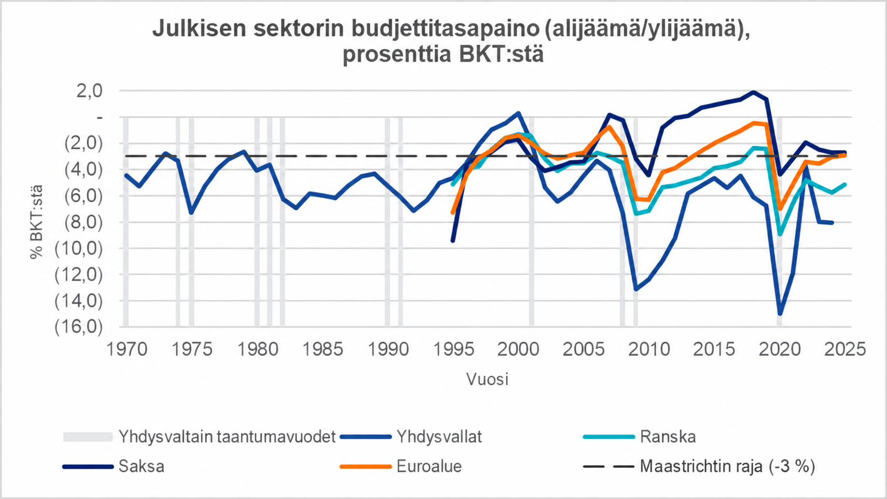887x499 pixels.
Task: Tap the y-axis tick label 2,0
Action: (x=90, y=91)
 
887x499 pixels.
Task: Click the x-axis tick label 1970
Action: (x=127, y=349)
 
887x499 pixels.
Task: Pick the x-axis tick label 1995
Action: (x=454, y=349)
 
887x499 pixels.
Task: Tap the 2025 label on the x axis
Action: (x=845, y=349)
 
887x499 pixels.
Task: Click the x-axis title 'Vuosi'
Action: (x=487, y=379)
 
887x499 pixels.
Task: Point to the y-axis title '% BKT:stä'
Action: (x=37, y=222)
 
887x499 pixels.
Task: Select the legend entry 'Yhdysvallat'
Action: (x=439, y=437)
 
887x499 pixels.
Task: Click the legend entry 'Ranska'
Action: (x=667, y=437)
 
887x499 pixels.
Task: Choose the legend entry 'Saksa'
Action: (x=141, y=466)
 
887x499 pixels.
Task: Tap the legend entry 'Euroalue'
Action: (x=429, y=466)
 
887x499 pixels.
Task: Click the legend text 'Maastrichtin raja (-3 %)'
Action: (x=727, y=467)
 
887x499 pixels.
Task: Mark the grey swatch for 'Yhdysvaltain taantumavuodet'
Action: (x=88, y=437)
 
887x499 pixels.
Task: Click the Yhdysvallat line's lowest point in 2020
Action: (x=780, y=314)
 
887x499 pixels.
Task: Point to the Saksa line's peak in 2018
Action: (x=753, y=93)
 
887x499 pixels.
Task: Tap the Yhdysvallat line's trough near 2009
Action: (x=636, y=289)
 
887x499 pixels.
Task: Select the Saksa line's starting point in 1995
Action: (x=453, y=240)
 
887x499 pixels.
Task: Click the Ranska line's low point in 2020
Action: (x=780, y=234)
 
